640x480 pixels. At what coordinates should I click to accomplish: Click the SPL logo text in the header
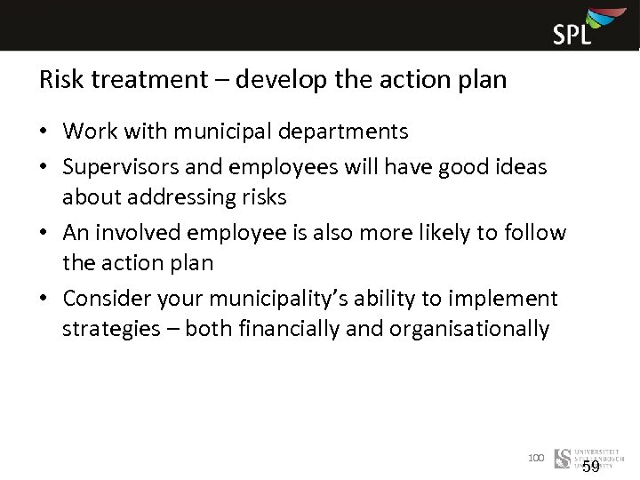[x=572, y=35]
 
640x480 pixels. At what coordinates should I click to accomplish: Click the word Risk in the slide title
[x=61, y=80]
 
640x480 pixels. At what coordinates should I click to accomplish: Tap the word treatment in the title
[x=147, y=80]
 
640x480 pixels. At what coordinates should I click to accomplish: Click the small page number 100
[x=535, y=458]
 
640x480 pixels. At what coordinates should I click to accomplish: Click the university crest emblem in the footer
[x=563, y=459]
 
